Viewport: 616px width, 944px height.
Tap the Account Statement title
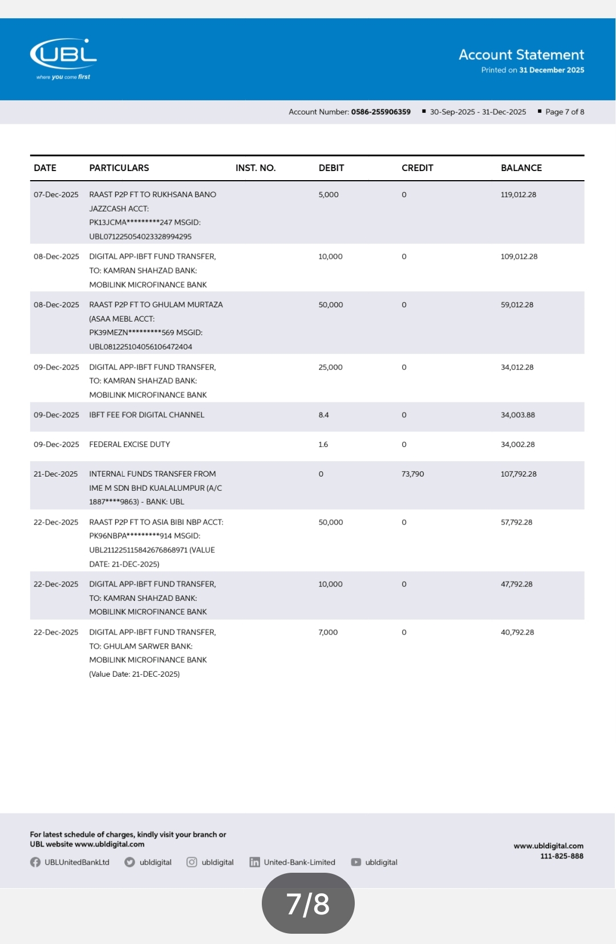coord(521,55)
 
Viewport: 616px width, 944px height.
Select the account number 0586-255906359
coord(380,112)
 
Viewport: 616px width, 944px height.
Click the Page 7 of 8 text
coord(564,112)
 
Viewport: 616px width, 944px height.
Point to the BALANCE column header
coord(521,168)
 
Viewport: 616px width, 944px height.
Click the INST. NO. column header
coord(255,168)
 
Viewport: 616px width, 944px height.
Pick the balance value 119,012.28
coord(518,194)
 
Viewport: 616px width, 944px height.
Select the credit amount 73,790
coord(412,474)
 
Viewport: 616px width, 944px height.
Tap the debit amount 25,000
coord(330,367)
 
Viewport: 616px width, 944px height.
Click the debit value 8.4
coord(323,415)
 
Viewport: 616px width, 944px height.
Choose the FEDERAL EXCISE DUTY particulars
coord(129,445)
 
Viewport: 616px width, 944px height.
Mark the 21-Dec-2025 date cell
coord(55,474)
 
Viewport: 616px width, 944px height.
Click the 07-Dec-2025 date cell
coord(56,194)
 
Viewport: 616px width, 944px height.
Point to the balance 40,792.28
coord(517,632)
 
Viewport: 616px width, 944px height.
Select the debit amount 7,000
coord(328,632)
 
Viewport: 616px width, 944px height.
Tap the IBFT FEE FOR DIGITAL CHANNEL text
coord(147,415)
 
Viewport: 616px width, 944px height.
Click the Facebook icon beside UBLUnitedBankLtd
coord(35,862)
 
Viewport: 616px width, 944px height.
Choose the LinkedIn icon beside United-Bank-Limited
coord(254,862)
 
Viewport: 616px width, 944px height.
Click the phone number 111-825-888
coord(561,856)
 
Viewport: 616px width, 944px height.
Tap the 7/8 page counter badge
coord(308,904)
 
